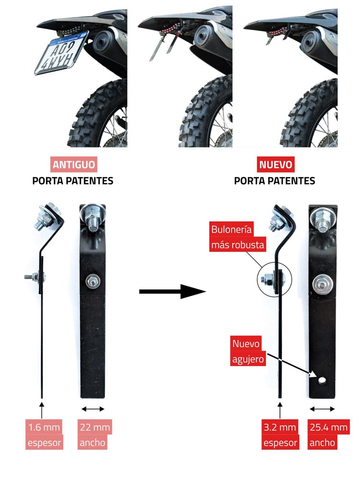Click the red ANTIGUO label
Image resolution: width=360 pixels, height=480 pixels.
tap(73, 164)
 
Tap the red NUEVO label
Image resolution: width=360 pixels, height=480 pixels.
tap(276, 164)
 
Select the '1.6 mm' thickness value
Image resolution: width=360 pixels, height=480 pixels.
tap(44, 427)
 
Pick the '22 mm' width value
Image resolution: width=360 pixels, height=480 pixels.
tap(95, 427)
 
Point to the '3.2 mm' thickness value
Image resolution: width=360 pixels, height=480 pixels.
tap(280, 427)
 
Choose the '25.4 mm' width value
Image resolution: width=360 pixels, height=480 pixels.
tap(328, 427)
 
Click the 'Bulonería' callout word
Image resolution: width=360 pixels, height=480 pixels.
tap(231, 229)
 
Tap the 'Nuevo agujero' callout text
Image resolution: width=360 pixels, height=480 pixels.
tap(248, 351)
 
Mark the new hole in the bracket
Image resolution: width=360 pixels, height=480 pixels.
tap(322, 380)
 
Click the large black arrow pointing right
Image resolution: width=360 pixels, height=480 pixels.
tap(172, 291)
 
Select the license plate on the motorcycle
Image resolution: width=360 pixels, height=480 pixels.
tap(61, 52)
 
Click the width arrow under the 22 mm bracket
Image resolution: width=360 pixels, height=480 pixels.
tap(93, 408)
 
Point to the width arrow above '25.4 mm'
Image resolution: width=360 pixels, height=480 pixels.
tap(322, 408)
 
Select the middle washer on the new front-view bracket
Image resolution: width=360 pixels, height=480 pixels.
tap(323, 284)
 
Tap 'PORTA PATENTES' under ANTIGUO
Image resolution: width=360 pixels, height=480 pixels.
tap(73, 180)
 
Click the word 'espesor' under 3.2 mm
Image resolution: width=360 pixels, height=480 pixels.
tap(280, 443)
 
